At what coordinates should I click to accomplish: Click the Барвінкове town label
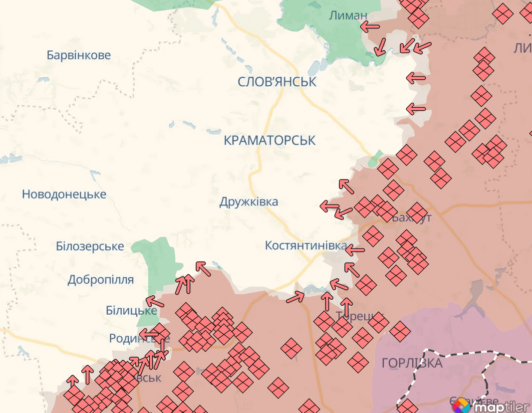pos(79,55)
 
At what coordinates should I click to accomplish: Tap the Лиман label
pos(348,15)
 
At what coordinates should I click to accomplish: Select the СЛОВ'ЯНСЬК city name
pos(277,82)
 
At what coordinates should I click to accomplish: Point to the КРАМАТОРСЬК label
pos(269,141)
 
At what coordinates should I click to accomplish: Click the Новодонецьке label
pos(64,194)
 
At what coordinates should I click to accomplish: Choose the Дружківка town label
pos(249,202)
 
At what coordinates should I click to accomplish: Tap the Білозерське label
pos(90,246)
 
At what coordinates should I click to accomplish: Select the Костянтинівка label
pos(305,245)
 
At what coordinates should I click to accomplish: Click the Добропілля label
pos(100,280)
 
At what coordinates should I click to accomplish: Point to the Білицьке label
pos(131,310)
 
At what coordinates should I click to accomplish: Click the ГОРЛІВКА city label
pos(412,363)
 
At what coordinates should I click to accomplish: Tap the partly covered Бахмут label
pos(412,218)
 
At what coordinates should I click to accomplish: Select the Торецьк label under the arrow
pos(354,316)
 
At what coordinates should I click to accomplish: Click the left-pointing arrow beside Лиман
pos(370,26)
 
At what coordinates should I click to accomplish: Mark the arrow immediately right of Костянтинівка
pos(355,249)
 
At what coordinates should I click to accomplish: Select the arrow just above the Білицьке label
pos(154,301)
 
